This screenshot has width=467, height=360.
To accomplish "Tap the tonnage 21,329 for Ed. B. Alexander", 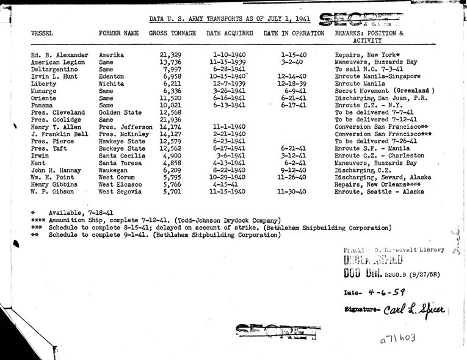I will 170,55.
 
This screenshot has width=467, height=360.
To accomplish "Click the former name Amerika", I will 112,55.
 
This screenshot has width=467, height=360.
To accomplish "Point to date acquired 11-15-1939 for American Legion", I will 226,62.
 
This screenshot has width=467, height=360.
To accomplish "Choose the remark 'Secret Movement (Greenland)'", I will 384,91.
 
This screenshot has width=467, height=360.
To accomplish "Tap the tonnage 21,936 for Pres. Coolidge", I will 170,120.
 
